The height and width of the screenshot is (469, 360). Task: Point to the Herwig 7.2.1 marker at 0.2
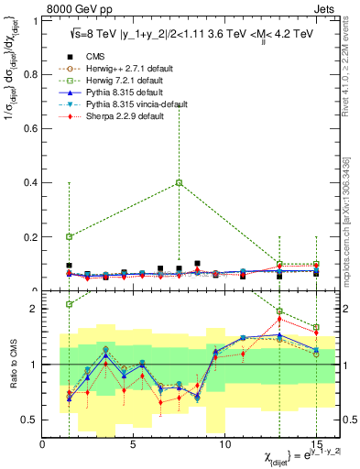pos(69,236)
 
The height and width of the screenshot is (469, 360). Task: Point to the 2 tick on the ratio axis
pos(37,309)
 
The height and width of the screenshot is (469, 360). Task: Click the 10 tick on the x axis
pos(224,444)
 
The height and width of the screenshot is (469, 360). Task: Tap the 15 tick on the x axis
pos(316,444)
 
